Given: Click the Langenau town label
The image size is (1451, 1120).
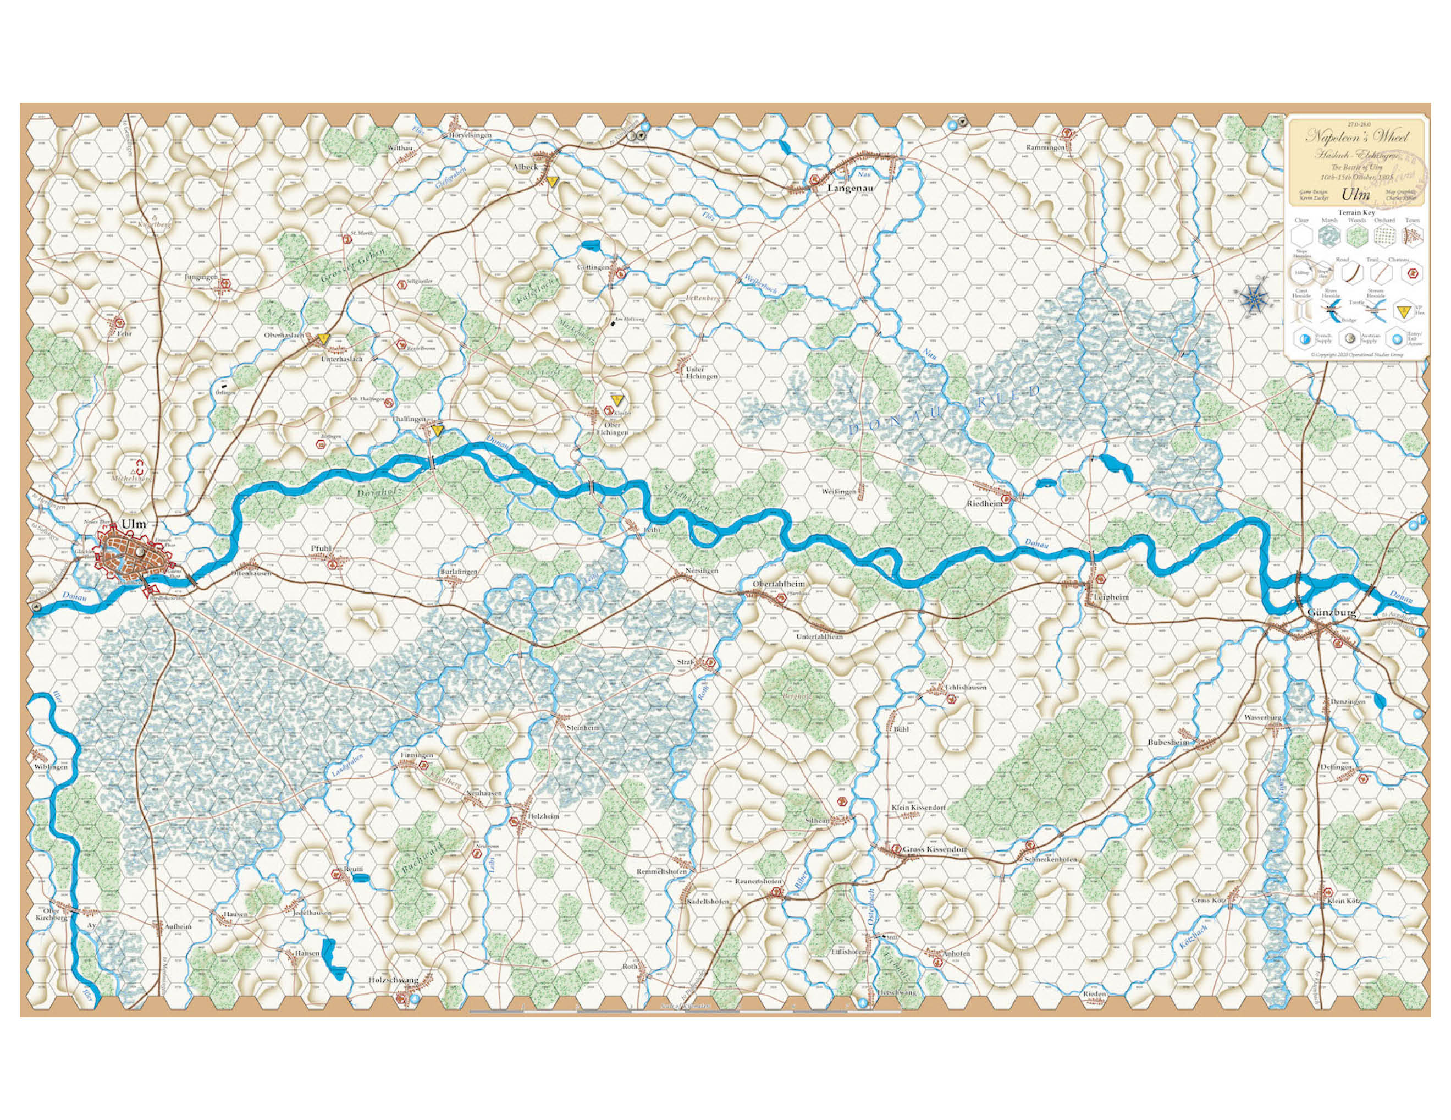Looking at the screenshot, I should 851,188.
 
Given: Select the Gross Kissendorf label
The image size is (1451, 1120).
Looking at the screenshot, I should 934,849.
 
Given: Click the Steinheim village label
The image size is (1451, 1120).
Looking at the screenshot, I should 583,728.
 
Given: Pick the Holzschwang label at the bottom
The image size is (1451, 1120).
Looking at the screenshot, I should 393,980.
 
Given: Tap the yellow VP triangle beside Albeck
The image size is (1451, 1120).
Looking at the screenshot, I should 551,180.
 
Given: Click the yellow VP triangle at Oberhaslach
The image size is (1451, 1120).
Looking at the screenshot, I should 323,338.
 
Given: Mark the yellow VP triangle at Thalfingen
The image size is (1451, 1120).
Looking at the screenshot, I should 437,431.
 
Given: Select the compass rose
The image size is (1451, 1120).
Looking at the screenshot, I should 1253,297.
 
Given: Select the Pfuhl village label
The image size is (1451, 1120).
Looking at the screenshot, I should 321,548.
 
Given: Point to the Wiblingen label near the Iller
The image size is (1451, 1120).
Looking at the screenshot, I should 51,766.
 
